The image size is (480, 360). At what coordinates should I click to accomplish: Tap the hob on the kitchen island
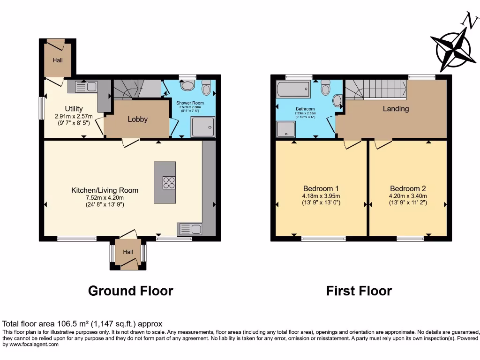(169, 182)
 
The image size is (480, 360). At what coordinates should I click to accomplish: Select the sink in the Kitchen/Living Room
(190, 229)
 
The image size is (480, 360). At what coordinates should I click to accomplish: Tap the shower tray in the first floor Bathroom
(284, 129)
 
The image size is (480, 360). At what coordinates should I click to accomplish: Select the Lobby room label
(138, 119)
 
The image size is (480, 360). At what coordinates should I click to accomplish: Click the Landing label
(396, 109)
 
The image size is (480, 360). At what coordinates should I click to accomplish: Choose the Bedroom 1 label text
(321, 188)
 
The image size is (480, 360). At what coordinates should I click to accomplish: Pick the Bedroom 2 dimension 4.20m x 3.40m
(407, 196)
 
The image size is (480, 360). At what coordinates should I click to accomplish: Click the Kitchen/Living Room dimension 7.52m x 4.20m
(105, 198)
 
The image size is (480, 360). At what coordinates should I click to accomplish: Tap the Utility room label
(74, 108)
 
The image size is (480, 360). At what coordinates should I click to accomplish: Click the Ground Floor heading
(130, 291)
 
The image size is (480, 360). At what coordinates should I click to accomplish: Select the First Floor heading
(359, 291)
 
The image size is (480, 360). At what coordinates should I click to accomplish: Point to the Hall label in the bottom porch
(128, 252)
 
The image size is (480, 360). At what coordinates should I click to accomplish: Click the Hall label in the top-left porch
(57, 60)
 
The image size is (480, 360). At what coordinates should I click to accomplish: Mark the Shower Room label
(190, 103)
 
